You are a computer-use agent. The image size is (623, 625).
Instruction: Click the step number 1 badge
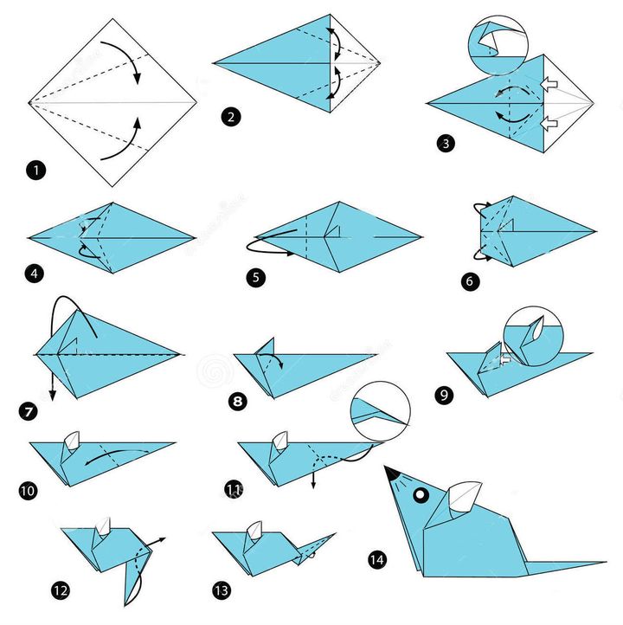pos(35,170)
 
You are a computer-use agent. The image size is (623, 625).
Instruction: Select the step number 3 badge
pos(445,143)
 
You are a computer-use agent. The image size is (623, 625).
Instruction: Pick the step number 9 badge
pos(444,395)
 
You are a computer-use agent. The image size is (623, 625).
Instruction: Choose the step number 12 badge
pos(60,591)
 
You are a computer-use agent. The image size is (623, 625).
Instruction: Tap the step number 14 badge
pos(376,560)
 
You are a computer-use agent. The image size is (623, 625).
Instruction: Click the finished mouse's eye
pos(421,495)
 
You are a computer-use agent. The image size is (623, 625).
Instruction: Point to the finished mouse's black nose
pos(392,473)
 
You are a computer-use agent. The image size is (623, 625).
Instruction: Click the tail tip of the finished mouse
pos(601,564)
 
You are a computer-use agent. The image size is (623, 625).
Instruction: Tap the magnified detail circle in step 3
pos(497,43)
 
